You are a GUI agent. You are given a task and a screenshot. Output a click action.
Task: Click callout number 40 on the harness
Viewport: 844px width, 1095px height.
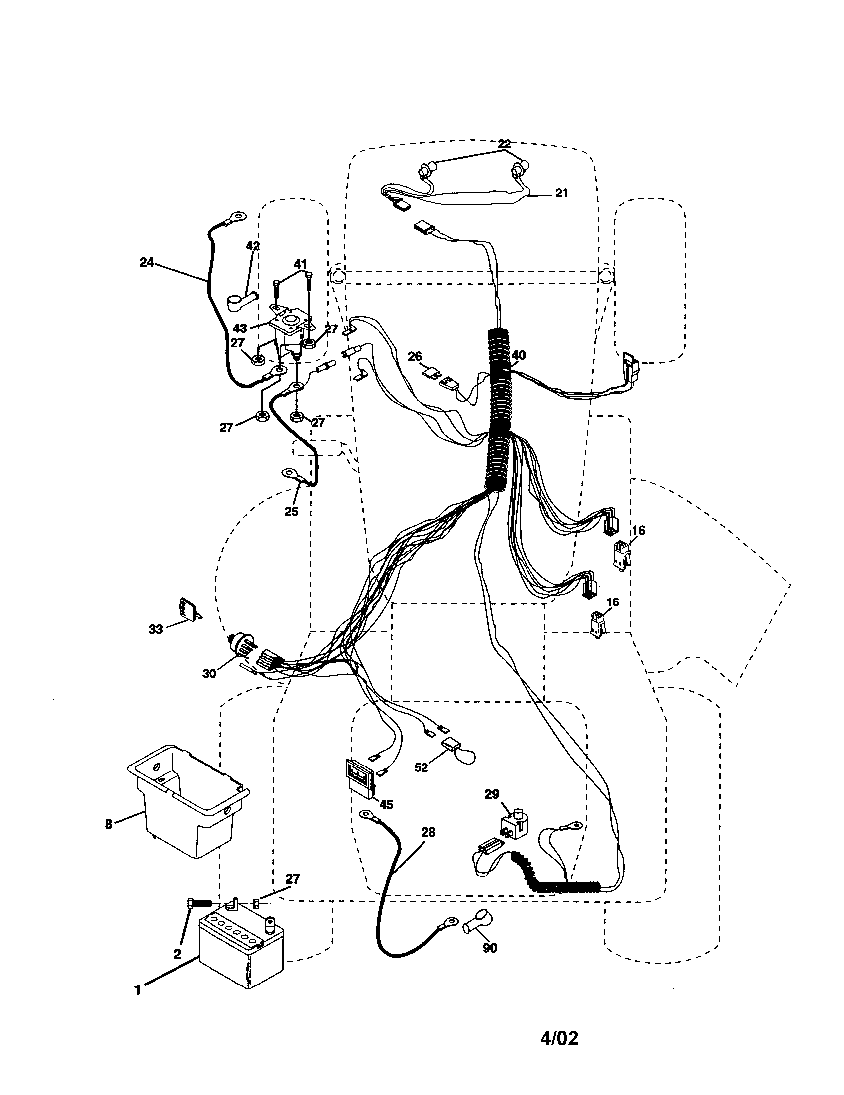(519, 355)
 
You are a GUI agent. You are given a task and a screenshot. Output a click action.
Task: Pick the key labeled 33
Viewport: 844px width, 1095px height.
(186, 609)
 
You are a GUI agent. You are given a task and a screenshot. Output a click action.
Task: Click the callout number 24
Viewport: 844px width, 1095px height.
(146, 262)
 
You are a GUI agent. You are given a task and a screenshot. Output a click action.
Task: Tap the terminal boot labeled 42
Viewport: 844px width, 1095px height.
(240, 301)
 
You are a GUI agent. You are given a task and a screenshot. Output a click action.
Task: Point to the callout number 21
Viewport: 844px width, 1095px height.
(561, 193)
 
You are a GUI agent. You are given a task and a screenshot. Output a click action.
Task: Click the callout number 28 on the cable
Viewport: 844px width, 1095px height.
(428, 833)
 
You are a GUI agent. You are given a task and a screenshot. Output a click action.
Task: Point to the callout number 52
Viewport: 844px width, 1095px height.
(421, 767)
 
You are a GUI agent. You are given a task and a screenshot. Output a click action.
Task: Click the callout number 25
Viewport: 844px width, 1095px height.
(291, 511)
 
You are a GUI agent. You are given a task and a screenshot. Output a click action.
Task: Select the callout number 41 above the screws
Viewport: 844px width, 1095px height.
(300, 264)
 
